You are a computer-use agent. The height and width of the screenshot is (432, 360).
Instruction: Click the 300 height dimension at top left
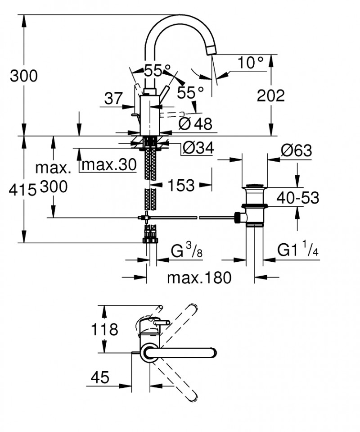point(23,76)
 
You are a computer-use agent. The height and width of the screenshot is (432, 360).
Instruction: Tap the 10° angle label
point(250,63)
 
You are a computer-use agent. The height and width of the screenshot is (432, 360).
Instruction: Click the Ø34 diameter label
point(198,147)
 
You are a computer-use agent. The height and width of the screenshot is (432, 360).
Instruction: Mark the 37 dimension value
point(113,98)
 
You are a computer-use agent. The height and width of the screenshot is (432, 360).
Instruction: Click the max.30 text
point(108,165)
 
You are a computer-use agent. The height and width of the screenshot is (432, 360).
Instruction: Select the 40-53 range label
point(298,197)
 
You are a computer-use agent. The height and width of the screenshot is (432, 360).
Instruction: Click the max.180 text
point(199,277)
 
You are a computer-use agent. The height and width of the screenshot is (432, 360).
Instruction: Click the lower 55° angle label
point(190,93)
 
